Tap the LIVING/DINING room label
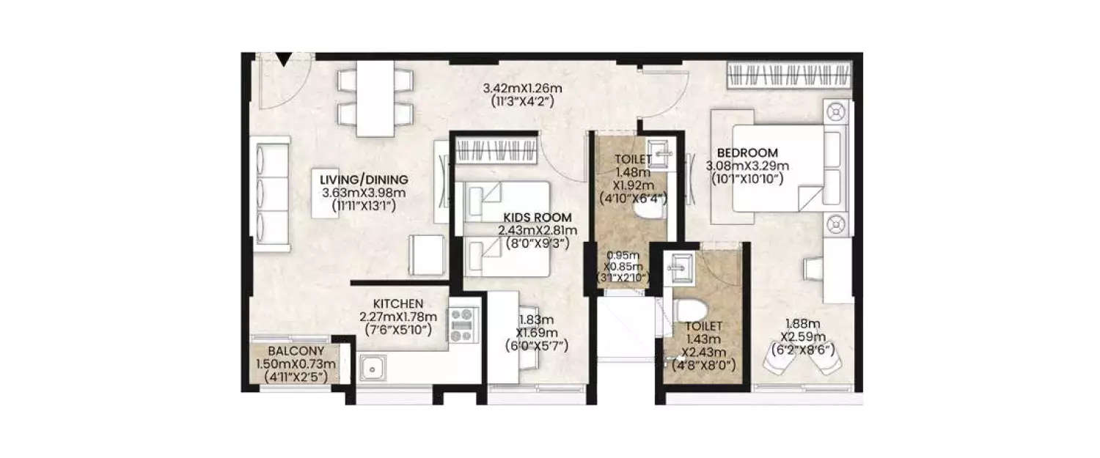(364, 180)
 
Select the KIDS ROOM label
(537, 218)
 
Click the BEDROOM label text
(747, 152)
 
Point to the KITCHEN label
(398, 303)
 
